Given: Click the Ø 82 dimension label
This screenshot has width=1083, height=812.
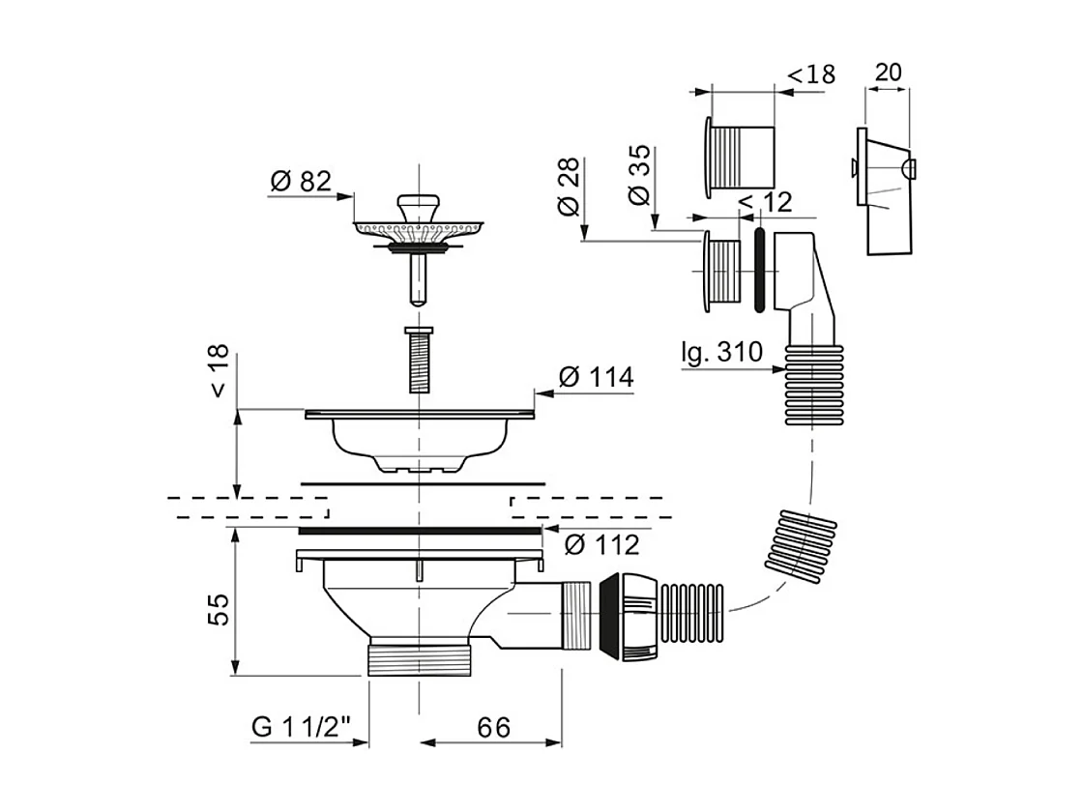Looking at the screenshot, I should point(300,181).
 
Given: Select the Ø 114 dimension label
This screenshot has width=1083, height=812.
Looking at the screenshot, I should point(596,377).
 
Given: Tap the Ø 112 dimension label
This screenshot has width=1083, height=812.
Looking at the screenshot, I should point(600,545).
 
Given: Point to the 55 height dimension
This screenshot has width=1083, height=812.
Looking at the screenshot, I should point(220,610).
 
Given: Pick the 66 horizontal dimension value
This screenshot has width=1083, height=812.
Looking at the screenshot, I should point(493,727).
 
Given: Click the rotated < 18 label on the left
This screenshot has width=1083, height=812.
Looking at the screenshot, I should point(220,372).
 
